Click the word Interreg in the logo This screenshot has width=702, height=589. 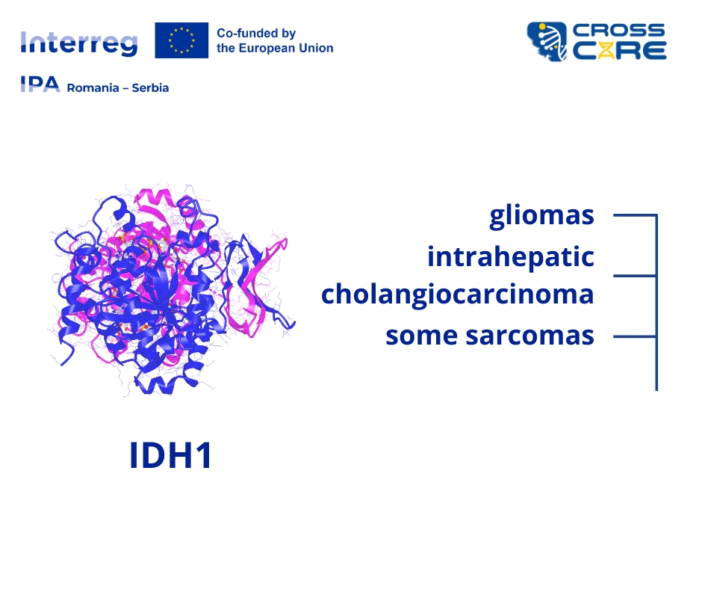tap(79, 43)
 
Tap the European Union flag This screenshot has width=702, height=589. tap(181, 40)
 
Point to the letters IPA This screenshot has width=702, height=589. tap(40, 84)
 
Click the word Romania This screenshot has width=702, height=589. tap(93, 88)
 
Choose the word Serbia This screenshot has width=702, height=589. tap(150, 88)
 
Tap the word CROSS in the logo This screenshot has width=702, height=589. tap(618, 31)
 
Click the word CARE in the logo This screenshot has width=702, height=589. tap(620, 51)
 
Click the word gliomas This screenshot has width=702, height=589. tap(541, 216)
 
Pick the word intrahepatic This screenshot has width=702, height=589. tap(511, 257)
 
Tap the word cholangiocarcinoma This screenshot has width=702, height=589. tap(458, 295)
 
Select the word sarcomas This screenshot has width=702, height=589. tap(530, 336)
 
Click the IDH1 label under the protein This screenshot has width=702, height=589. tap(170, 455)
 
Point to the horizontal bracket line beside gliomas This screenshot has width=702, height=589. tap(635, 215)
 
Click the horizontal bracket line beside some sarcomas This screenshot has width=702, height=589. tap(635, 336)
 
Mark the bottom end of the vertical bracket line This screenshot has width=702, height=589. tap(656, 390)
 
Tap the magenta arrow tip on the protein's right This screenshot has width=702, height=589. tap(284, 242)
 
